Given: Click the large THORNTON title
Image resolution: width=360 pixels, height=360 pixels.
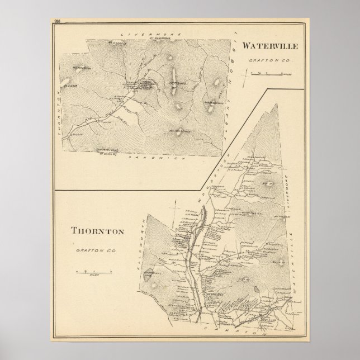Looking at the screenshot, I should pos(97,230).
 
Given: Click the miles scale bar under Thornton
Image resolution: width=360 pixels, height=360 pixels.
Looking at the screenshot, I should pos(94,272).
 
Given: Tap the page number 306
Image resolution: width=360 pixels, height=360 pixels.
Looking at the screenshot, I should pos(58,22).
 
